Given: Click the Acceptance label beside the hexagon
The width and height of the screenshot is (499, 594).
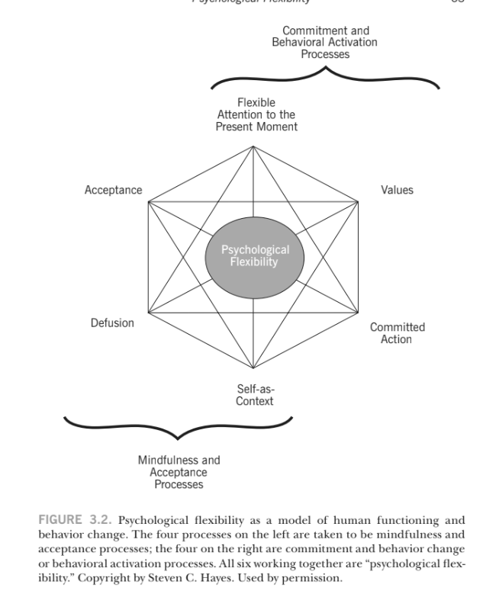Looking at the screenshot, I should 113,190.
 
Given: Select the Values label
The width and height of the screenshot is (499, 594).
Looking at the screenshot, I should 397,190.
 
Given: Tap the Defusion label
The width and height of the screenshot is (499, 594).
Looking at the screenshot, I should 112,323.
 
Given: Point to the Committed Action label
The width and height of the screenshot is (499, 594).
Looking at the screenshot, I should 397,332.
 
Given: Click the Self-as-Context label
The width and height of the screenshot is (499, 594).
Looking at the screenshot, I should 255,395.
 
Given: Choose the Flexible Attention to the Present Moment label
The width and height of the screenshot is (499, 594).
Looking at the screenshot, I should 256,114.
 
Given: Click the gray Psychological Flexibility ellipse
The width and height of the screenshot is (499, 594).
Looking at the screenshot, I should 255,256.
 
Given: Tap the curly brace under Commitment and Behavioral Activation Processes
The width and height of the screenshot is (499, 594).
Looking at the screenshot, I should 325,77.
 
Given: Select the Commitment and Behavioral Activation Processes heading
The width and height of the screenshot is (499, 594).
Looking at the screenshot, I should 325,43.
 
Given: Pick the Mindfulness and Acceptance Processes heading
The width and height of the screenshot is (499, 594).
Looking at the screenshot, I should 179,472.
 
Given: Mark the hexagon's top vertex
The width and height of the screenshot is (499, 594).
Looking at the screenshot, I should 253,145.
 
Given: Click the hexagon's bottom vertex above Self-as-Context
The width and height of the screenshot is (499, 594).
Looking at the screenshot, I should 253,369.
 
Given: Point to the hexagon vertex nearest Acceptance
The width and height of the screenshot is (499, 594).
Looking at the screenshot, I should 148,202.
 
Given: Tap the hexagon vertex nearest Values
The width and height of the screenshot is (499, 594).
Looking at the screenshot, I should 359,202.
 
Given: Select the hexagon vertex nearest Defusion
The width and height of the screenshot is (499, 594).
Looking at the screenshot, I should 148,313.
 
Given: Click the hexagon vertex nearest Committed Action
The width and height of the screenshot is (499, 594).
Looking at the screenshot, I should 359,313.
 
